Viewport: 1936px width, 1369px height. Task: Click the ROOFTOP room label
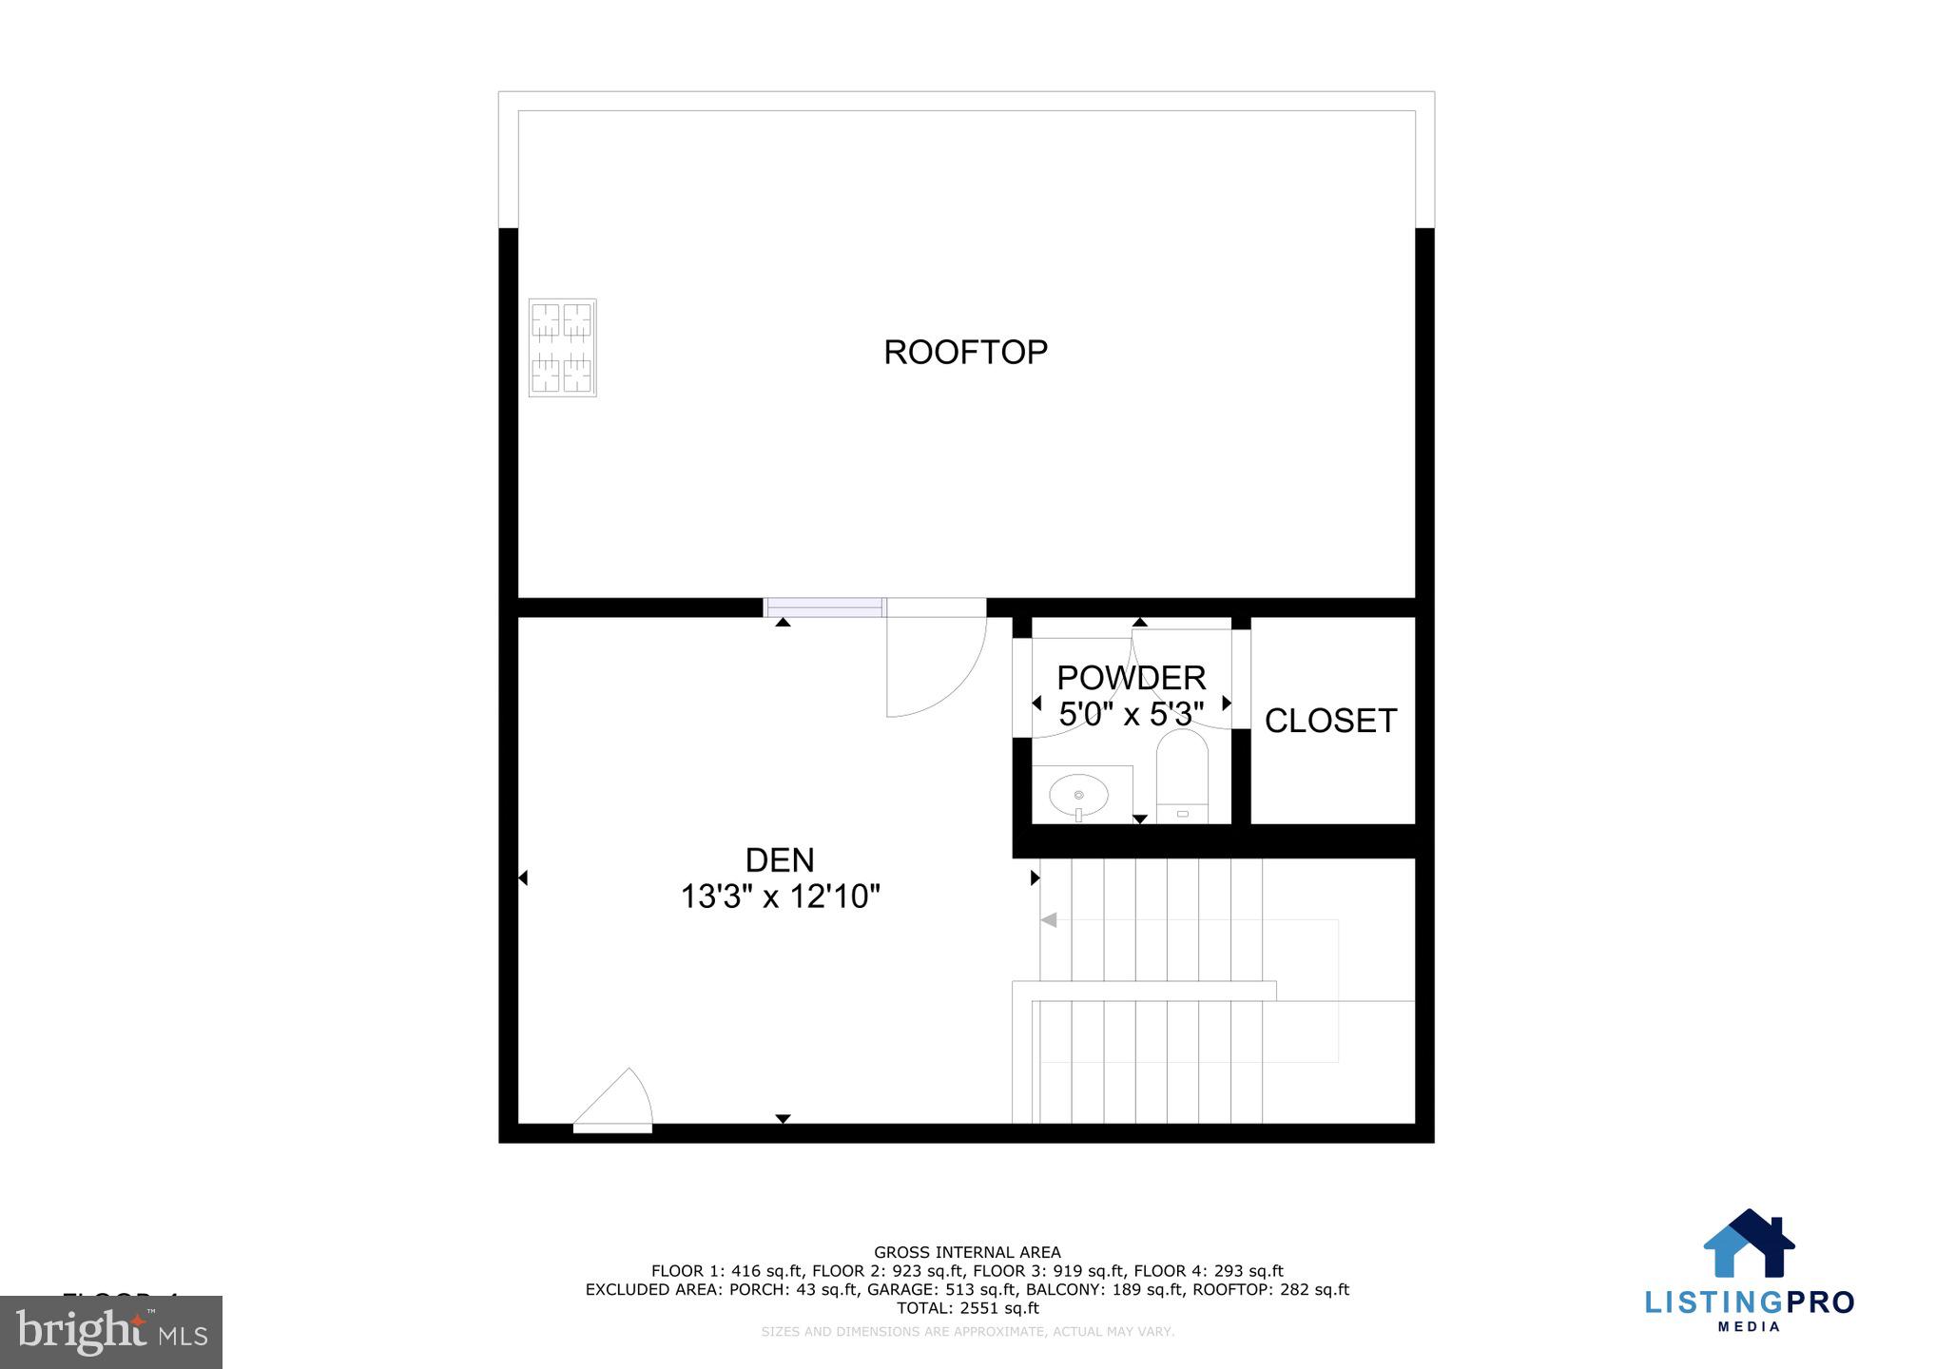tap(965, 353)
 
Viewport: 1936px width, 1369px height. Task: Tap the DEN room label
tap(780, 860)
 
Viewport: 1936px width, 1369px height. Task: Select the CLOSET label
tap(1330, 722)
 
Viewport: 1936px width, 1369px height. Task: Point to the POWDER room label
tap(1131, 678)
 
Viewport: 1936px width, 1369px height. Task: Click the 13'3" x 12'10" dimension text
tap(780, 897)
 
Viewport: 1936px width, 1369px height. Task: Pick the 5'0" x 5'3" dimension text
tap(1131, 714)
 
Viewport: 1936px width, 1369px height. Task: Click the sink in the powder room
tap(1078, 794)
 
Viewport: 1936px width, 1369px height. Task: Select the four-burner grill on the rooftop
tap(562, 347)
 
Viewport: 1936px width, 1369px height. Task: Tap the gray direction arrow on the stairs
tap(1049, 920)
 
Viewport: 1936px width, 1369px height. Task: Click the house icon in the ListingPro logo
tap(1748, 1244)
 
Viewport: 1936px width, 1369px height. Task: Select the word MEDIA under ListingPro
tap(1749, 1327)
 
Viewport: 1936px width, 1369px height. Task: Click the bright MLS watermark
tap(111, 1332)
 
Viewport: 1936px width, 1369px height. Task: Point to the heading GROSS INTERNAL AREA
tap(967, 1253)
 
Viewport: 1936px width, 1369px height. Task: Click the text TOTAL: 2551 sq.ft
tap(967, 1308)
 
